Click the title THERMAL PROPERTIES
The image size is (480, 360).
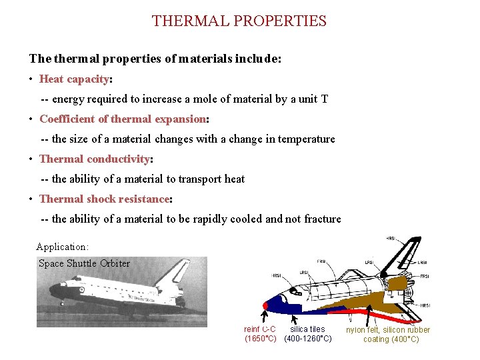coord(239,21)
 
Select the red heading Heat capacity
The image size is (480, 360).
coord(74,79)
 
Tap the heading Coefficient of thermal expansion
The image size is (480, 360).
coord(123,119)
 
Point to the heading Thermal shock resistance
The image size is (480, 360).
coord(104,199)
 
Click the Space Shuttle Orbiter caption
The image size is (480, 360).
coord(84,263)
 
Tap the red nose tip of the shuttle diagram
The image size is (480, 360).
coord(265,306)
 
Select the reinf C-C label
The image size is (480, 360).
coord(259,329)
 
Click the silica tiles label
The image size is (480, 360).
coord(307,329)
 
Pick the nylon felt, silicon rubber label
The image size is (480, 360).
coord(388,330)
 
